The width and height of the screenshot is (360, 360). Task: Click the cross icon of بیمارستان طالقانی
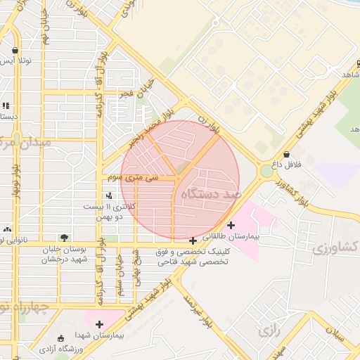(x=231, y=225)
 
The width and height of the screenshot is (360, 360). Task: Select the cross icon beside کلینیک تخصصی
(x=193, y=241)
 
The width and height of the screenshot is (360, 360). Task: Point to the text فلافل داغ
(x=286, y=165)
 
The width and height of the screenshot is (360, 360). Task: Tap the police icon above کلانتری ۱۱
(x=108, y=196)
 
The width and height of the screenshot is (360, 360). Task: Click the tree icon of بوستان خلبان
(x=65, y=238)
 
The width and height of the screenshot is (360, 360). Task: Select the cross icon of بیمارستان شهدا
(x=99, y=325)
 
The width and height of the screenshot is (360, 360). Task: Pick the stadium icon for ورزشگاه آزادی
(x=60, y=338)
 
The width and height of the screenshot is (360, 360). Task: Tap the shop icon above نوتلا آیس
(x=15, y=51)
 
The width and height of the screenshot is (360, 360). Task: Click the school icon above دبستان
(x=6, y=105)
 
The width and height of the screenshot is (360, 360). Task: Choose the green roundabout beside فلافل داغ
(x=266, y=171)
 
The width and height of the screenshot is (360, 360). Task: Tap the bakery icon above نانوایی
(x=7, y=229)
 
